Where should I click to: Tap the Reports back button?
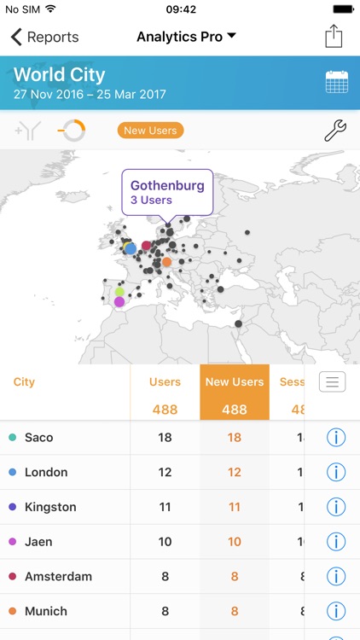point(44,37)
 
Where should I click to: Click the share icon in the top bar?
point(334,37)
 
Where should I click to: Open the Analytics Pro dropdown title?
point(186,37)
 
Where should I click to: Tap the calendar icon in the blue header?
point(336,82)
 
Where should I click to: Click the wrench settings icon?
point(335,131)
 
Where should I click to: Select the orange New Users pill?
point(150,131)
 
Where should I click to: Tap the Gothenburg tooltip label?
point(166,191)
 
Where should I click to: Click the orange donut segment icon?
point(72,131)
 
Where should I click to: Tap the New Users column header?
point(235,382)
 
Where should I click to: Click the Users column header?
point(165,382)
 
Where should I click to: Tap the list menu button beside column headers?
point(332,381)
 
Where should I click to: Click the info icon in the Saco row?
point(336,438)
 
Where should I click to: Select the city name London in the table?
point(46,472)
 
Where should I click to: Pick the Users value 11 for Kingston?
point(165,507)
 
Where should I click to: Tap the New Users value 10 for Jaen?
point(235,542)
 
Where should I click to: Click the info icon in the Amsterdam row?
point(336,577)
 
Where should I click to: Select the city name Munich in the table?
point(46,611)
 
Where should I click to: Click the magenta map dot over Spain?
point(119,301)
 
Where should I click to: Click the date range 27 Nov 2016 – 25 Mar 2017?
point(90,94)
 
